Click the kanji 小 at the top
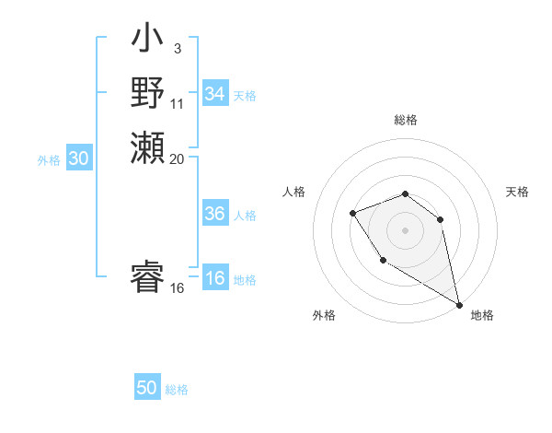(x=147, y=41)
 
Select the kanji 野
(x=147, y=93)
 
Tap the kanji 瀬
(x=147, y=147)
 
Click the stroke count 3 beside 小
(x=177, y=49)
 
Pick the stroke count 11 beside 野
(x=178, y=104)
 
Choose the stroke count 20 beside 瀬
(x=178, y=158)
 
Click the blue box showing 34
(x=214, y=94)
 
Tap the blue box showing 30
(x=79, y=158)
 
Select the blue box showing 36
(x=214, y=214)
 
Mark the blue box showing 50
(x=147, y=388)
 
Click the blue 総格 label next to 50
(x=177, y=390)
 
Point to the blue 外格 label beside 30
(x=49, y=160)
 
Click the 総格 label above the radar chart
(x=405, y=120)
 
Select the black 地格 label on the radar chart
(x=482, y=315)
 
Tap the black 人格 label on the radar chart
(x=293, y=192)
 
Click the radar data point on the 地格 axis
(x=458, y=305)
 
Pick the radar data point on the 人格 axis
(x=352, y=214)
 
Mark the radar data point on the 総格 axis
(x=405, y=193)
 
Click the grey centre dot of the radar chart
(x=405, y=229)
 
